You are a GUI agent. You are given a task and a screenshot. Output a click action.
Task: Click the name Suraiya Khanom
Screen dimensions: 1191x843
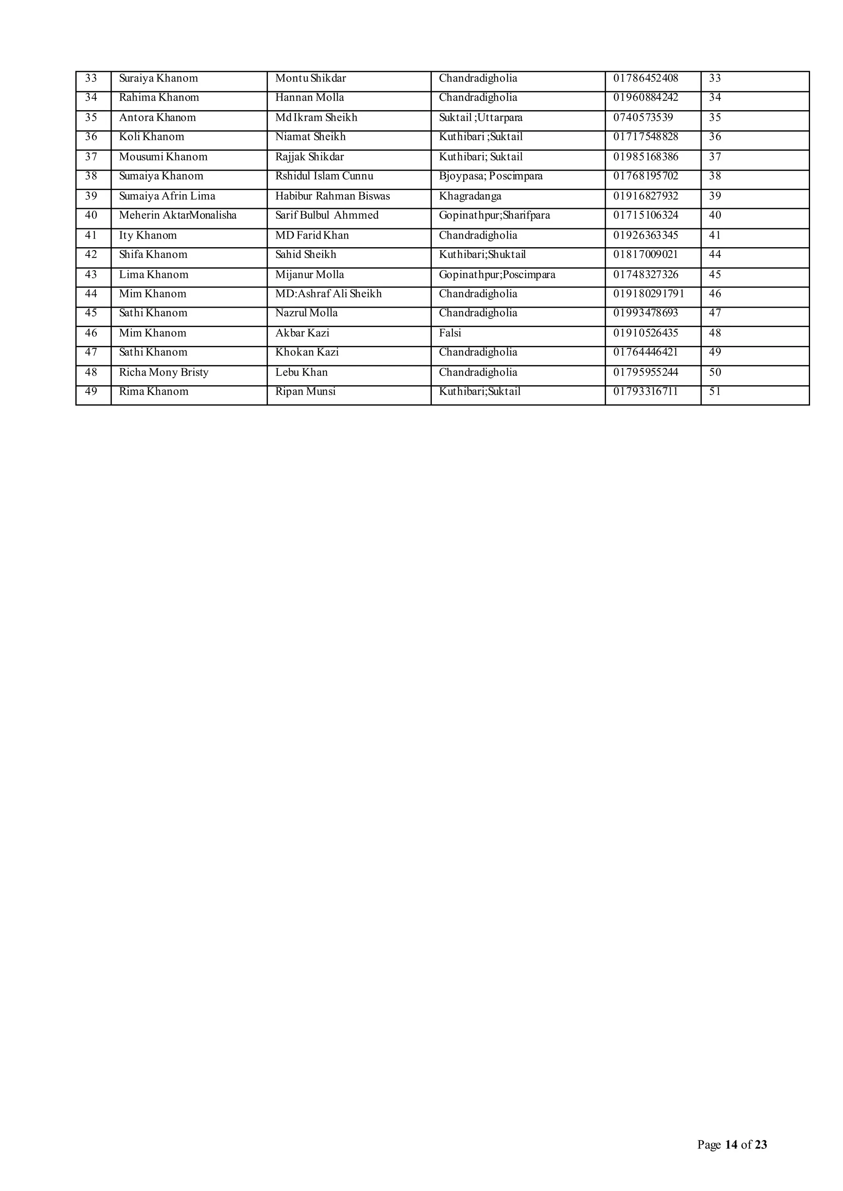tap(158, 78)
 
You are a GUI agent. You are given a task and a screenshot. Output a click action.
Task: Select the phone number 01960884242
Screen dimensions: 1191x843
tap(645, 97)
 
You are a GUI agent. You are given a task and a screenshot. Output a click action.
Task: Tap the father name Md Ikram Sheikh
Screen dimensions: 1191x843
tap(316, 118)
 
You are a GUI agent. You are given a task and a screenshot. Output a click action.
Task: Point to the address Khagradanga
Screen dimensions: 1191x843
tap(470, 196)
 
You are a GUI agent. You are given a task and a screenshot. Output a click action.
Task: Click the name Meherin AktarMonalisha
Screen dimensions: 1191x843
tap(177, 215)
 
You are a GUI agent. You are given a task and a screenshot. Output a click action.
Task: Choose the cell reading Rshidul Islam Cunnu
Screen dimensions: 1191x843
tap(324, 176)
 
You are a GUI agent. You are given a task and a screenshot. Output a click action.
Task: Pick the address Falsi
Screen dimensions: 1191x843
tap(449, 333)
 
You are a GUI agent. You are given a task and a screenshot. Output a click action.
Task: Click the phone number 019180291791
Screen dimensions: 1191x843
tap(648, 294)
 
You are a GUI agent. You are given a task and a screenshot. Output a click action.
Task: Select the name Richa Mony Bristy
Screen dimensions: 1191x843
tap(163, 373)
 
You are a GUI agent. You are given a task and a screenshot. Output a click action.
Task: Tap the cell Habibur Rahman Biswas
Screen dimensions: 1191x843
tap(332, 196)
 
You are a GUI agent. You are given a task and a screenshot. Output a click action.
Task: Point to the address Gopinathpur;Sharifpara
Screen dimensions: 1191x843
tap(494, 215)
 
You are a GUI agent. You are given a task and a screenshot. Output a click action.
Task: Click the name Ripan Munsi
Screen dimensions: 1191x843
tap(305, 392)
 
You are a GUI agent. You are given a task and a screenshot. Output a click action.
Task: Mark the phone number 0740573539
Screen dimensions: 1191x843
tap(643, 118)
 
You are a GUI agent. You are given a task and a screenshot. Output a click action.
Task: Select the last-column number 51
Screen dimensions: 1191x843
tap(715, 392)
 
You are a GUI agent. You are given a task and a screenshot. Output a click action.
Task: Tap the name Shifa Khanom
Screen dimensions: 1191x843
tap(153, 255)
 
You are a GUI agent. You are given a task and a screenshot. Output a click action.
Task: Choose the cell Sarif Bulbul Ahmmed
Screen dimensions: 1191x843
tap(326, 215)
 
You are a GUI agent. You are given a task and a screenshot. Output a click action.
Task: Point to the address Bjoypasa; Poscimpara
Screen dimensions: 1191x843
tap(491, 176)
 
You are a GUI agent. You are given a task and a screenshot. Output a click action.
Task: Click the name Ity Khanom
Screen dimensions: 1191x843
tap(147, 236)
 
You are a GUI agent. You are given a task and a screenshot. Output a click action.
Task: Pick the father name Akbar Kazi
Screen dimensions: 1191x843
tap(302, 333)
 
